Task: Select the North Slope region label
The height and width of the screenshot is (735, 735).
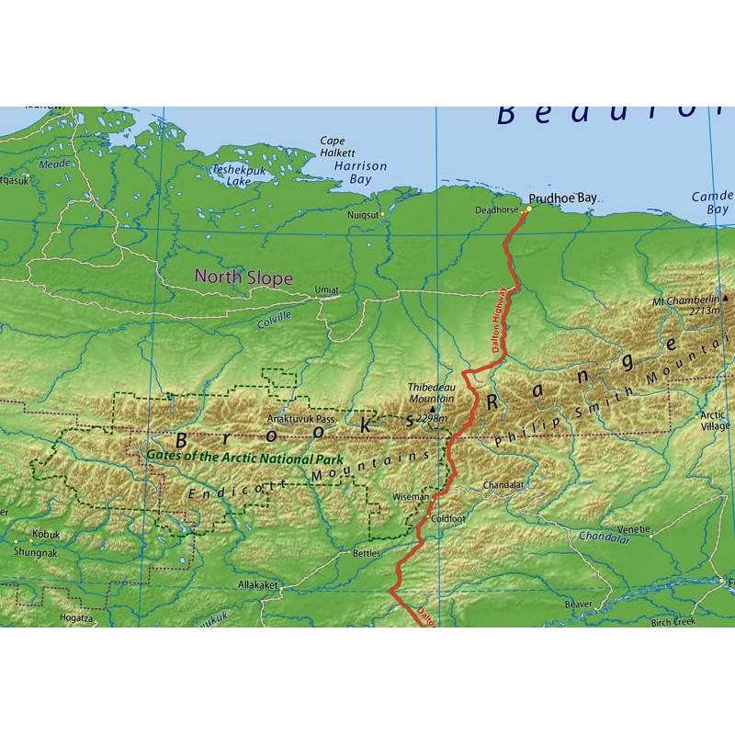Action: (243, 277)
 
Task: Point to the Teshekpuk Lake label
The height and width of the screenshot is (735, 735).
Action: (231, 175)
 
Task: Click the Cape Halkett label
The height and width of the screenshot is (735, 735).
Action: (332, 147)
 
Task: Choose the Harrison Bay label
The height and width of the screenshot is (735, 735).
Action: (360, 173)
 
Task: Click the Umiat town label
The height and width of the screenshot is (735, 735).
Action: (326, 289)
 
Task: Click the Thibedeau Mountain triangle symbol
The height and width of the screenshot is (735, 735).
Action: (433, 408)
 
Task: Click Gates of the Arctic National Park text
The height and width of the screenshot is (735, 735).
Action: (244, 458)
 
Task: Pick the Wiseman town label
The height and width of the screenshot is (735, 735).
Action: (410, 496)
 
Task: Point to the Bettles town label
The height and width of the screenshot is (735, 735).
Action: (365, 553)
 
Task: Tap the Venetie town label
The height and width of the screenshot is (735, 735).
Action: (633, 529)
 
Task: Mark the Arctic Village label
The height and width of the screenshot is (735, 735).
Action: (715, 420)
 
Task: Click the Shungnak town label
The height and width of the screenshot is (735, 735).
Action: (34, 552)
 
